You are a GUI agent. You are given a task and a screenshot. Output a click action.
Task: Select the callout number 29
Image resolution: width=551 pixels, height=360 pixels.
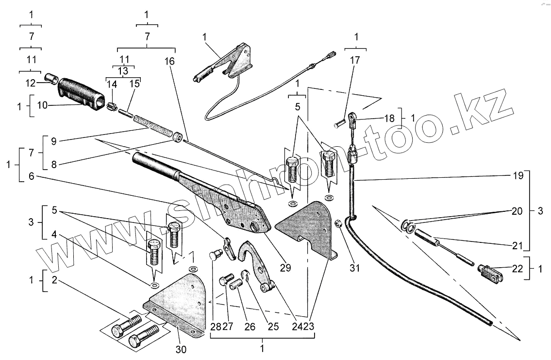pos(285,267)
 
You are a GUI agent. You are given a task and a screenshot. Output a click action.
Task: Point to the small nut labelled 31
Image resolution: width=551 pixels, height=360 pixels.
pos(339,224)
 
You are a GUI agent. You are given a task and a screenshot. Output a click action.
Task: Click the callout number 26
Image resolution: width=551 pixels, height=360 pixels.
pos(250,327)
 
